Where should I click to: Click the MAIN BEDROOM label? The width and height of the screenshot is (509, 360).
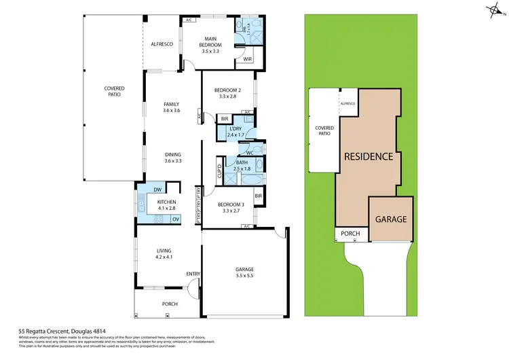[210, 41]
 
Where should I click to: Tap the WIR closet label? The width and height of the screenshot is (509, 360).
[240, 59]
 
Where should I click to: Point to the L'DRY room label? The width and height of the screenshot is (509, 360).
[236, 128]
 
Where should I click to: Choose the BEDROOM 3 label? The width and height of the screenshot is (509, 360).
[231, 204]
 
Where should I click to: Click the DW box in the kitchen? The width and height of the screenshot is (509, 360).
[157, 190]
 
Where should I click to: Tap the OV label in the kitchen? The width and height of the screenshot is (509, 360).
[175, 219]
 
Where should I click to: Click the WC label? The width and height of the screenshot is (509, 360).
[250, 153]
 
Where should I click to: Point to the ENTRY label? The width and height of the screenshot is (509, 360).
[193, 274]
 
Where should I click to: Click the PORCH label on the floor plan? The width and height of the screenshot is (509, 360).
[169, 304]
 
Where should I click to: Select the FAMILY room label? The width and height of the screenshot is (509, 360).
[171, 104]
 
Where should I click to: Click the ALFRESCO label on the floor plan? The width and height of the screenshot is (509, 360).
[162, 44]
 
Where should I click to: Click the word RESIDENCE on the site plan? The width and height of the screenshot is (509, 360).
[369, 156]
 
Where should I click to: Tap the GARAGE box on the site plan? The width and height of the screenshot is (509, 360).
[390, 219]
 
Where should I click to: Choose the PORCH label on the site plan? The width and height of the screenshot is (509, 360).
[350, 234]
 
